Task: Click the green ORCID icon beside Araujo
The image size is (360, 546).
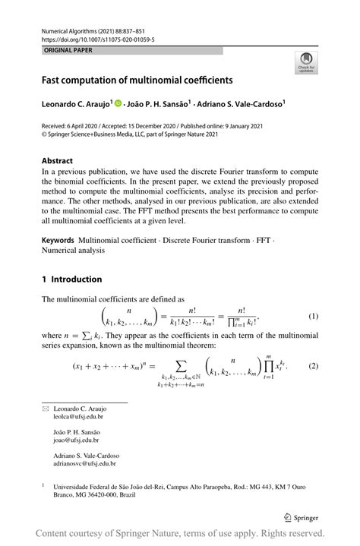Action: [x=118, y=102]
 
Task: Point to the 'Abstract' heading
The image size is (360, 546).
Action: [x=57, y=161]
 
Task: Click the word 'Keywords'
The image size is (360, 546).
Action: [x=58, y=240]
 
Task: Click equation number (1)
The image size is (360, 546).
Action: [x=312, y=316]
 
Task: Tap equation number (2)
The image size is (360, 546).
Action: [x=312, y=366]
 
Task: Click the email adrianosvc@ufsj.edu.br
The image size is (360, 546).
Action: [x=84, y=463]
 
